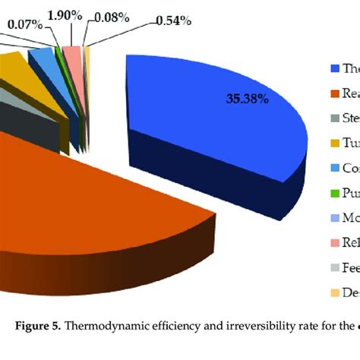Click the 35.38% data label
246,98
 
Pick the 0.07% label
25,24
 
